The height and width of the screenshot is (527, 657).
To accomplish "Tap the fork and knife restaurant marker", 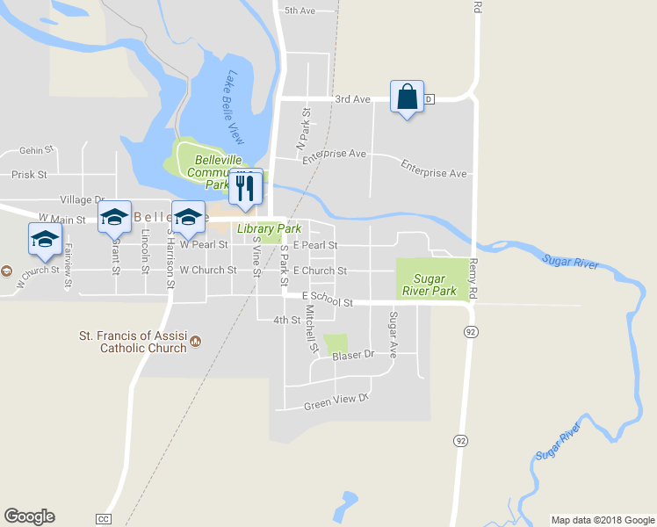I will click(x=245, y=185).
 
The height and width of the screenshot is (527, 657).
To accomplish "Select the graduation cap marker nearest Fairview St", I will click(x=45, y=239).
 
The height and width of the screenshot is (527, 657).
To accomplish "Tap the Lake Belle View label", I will click(x=235, y=108).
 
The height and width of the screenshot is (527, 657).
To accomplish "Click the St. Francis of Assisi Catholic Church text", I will click(x=133, y=341).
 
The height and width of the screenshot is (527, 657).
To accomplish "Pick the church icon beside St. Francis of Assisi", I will click(x=196, y=341).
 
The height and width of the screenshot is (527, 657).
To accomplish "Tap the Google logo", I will click(x=29, y=517).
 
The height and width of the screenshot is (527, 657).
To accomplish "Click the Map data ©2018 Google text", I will click(x=602, y=520).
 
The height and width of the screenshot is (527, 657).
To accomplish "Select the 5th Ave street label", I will click(x=300, y=11).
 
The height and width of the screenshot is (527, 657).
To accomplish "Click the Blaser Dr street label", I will click(x=352, y=354).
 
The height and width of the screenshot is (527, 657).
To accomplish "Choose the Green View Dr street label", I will click(x=334, y=402).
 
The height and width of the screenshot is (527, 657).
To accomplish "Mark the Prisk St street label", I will click(x=30, y=175).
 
